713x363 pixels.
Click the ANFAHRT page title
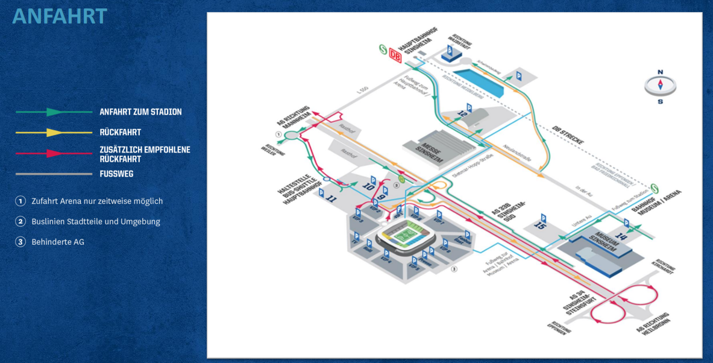point(59,16)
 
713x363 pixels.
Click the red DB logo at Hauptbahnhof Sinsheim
point(395,55)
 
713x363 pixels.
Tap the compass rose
point(660,85)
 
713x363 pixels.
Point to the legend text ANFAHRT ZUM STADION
point(140,112)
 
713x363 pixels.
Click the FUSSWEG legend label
point(116,174)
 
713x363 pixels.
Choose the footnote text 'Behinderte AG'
point(58,242)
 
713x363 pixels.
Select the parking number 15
point(540,227)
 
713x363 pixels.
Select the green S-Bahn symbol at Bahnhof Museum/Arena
point(655,186)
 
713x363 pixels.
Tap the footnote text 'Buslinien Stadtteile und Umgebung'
point(95,221)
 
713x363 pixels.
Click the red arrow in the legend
point(54,153)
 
